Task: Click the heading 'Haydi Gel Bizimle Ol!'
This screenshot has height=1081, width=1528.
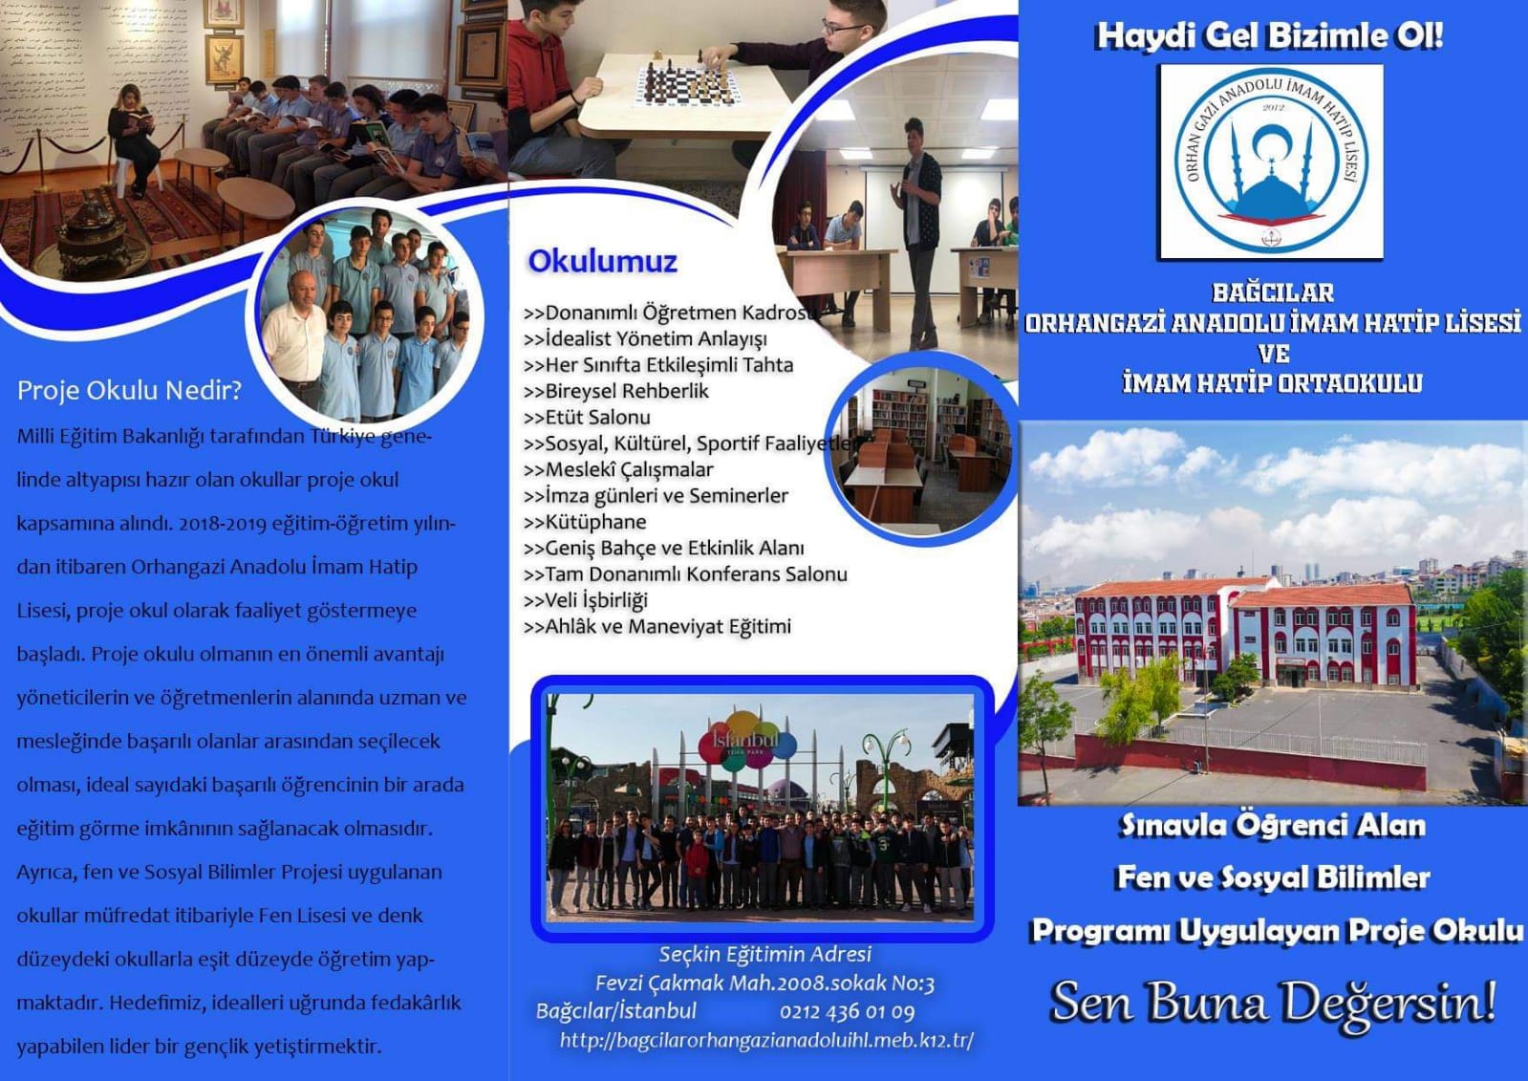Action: [x=1269, y=36]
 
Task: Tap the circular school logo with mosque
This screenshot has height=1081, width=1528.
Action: [x=1272, y=162]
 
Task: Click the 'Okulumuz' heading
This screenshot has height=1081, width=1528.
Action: [x=602, y=261]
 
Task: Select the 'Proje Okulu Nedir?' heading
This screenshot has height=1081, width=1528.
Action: [x=130, y=390]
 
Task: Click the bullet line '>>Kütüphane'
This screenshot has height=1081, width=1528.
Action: [x=585, y=522]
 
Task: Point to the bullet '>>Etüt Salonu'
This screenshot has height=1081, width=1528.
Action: [x=587, y=417]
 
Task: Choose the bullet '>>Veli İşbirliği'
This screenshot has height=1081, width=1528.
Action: [x=585, y=600]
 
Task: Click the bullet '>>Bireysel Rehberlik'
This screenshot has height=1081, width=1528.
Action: [x=616, y=391]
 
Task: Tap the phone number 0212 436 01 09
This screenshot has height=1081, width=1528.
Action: [x=848, y=1012]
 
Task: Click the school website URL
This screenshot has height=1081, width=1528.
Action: [x=766, y=1041]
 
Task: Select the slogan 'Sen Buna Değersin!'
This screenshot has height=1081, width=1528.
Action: [x=1273, y=1003]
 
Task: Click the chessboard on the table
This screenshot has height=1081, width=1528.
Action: [x=685, y=84]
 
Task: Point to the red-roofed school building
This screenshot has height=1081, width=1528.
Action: [x=1245, y=635]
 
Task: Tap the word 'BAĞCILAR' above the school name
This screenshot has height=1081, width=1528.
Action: [x=1272, y=292]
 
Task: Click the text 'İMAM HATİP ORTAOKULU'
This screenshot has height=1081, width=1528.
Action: [x=1273, y=383]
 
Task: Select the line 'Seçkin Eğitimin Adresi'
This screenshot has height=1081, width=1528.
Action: [x=765, y=954]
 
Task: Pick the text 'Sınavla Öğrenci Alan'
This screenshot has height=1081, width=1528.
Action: [x=1273, y=826]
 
